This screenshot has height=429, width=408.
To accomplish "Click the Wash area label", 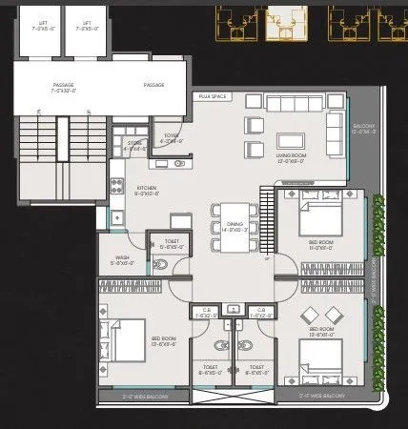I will point(122,259).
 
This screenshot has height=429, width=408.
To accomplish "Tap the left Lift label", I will point(39,24).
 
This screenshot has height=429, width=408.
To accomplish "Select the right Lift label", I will point(87,24).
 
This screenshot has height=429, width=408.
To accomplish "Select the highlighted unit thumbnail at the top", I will point(282,21).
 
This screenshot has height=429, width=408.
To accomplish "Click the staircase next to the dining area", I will point(267,221).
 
